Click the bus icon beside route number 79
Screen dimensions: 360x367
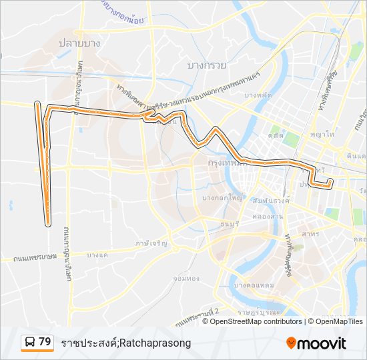[x=29, y=343]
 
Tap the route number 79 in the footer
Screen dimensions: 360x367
[x=45, y=342]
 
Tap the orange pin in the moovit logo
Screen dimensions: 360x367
[x=291, y=343]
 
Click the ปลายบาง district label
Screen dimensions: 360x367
[x=79, y=43]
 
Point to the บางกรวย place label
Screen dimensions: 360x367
[x=208, y=65]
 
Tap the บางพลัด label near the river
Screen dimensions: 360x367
[x=258, y=95]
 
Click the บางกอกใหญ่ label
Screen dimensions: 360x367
[x=222, y=198]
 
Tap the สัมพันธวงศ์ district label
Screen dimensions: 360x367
[x=270, y=201]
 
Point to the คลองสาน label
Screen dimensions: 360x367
[x=270, y=217]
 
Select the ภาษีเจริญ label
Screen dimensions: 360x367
[x=151, y=244]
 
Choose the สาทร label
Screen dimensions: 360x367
[x=310, y=235]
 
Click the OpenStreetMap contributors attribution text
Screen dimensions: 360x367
[x=252, y=321]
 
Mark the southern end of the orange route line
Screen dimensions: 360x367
[x=48, y=225]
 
